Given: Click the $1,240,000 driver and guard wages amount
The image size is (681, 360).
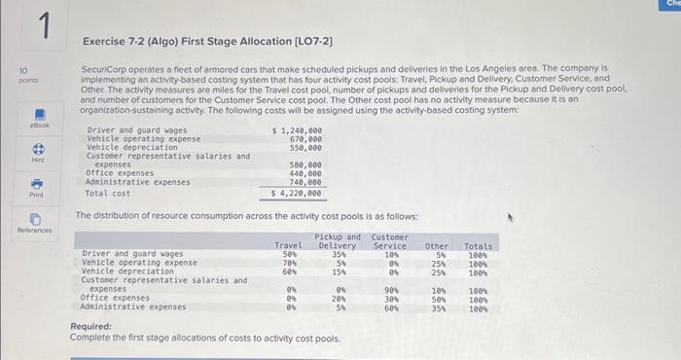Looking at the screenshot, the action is [x=297, y=130].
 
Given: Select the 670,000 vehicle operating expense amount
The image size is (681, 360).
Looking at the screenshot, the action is [x=306, y=138].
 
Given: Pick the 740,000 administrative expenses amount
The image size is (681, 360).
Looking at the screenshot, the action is [x=306, y=181].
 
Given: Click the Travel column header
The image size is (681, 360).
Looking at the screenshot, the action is [x=288, y=246].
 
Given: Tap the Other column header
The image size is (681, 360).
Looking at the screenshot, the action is [x=437, y=246].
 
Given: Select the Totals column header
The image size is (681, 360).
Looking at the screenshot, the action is [x=478, y=246].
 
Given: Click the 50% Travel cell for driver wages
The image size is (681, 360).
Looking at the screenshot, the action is [x=290, y=254].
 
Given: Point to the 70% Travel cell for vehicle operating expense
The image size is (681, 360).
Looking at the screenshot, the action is [x=290, y=263].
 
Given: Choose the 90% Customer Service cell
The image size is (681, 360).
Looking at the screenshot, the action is [x=392, y=289].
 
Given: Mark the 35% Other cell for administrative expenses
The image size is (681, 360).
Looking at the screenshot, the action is [x=438, y=306].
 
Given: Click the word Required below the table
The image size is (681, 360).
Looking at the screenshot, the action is [x=91, y=327].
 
